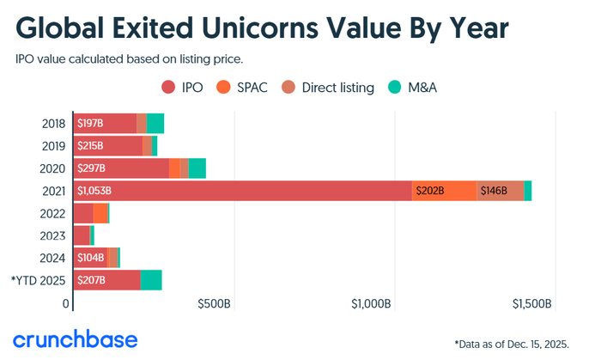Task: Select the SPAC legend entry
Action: [245, 87]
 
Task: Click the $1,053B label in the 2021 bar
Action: [94, 191]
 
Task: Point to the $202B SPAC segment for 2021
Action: [429, 191]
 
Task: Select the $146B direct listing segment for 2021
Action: [495, 191]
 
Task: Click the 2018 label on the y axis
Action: [53, 124]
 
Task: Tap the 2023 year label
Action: [53, 235]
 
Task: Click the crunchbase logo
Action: [75, 339]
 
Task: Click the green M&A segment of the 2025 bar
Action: [151, 280]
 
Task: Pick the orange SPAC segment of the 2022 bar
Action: [100, 213]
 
